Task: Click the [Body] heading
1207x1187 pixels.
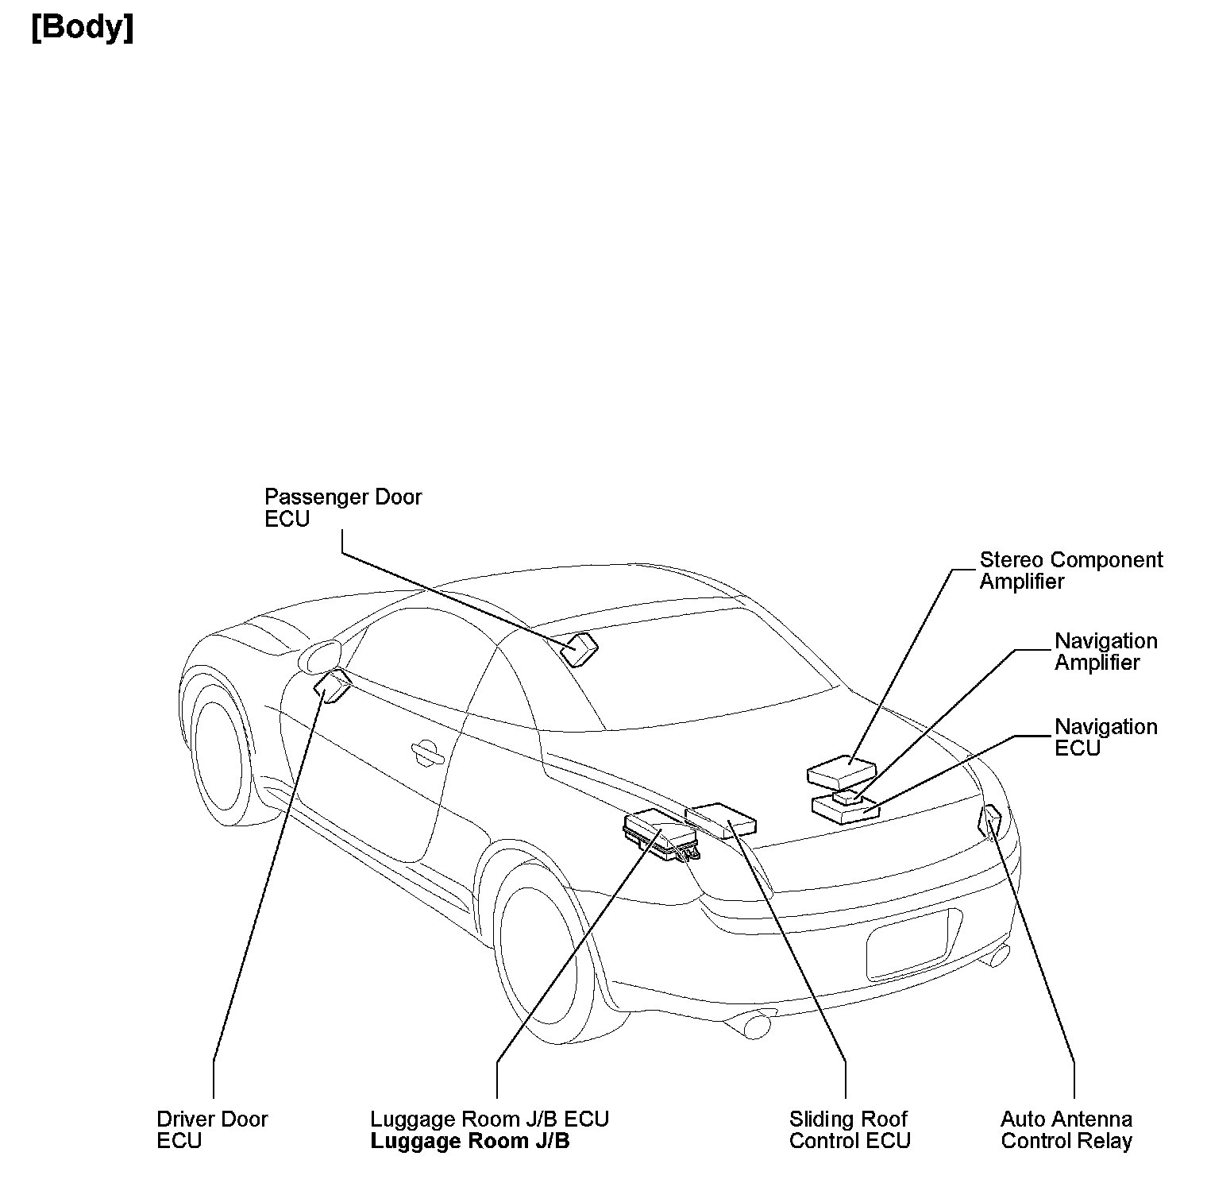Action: pos(82,28)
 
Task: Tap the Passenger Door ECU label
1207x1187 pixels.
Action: pos(342,508)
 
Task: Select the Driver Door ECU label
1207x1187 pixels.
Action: pos(212,1130)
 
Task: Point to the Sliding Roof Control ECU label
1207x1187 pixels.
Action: pos(849,1130)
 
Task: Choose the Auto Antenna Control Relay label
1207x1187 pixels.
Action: pos(1066,1130)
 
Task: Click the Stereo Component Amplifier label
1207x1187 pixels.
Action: pos(1070,570)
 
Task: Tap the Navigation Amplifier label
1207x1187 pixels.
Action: pos(1105,651)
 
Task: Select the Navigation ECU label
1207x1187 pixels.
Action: pos(1105,737)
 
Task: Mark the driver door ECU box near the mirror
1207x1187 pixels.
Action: pos(333,685)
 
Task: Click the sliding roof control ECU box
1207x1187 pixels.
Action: pos(721,819)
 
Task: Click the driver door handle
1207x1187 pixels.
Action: pos(427,751)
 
